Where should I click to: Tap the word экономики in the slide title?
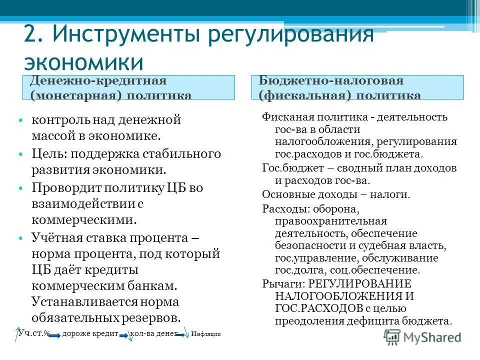[84, 62]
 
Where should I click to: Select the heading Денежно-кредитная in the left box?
[98, 81]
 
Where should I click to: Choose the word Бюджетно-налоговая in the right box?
[331, 81]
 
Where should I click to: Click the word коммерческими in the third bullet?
[84, 220]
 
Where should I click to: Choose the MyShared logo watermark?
[422, 337]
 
